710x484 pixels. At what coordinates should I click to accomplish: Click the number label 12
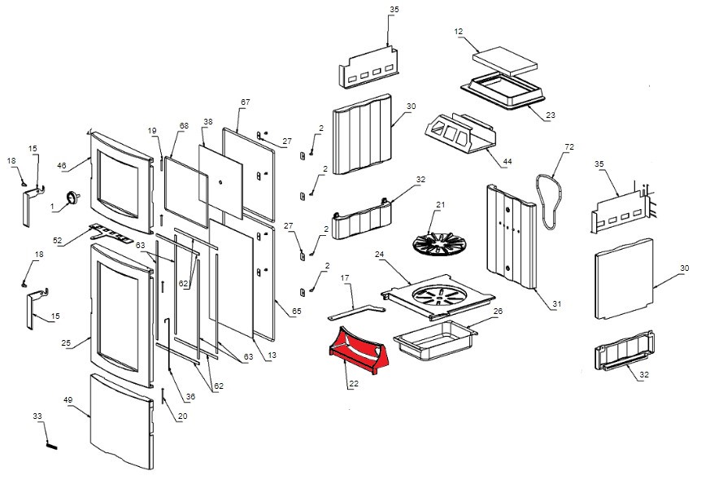(459, 32)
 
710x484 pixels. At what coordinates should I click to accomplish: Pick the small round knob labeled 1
(73, 197)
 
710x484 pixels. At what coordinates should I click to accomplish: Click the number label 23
(551, 116)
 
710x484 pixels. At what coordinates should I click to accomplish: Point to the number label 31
(556, 304)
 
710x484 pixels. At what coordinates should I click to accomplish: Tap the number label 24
(379, 254)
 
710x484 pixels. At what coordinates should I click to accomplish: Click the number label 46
(61, 165)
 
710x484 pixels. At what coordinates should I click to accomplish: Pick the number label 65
(296, 312)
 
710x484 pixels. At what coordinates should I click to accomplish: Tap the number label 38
(207, 121)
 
